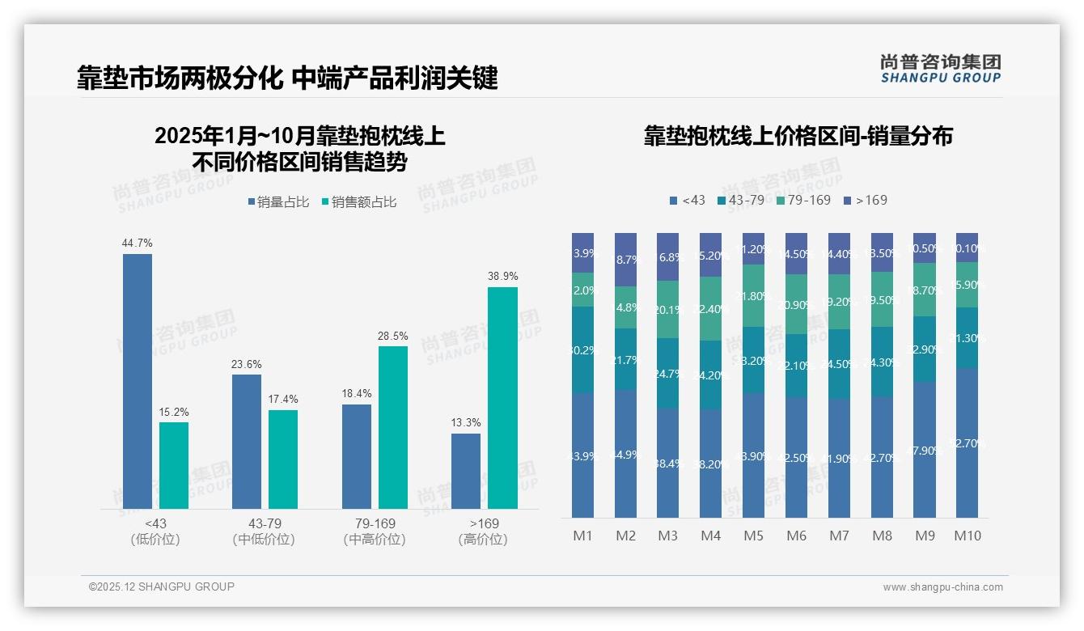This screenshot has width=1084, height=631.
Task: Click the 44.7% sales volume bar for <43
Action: point(138,381)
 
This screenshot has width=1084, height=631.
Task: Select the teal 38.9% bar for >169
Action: point(502,397)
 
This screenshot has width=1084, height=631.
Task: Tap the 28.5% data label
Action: point(392,335)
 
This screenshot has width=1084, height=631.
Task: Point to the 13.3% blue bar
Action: point(465,471)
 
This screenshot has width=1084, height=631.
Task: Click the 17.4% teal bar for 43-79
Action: point(283,459)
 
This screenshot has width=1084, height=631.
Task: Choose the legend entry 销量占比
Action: point(278,202)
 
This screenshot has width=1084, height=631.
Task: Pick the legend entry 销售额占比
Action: point(359,202)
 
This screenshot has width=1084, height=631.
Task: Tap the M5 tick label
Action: point(753,536)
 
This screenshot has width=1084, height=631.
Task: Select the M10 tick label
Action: point(967,536)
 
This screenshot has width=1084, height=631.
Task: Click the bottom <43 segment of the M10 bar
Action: point(967,443)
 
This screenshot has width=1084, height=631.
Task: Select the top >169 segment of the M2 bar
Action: point(625,259)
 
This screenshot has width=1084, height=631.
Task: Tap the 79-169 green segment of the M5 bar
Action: point(753,295)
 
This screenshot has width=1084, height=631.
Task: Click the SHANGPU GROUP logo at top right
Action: point(940,69)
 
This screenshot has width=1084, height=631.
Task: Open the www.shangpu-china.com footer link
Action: point(942,587)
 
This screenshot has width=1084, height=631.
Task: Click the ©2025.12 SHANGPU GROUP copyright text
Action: point(162,587)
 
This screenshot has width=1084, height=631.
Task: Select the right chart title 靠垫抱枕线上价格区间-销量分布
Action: point(798,136)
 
